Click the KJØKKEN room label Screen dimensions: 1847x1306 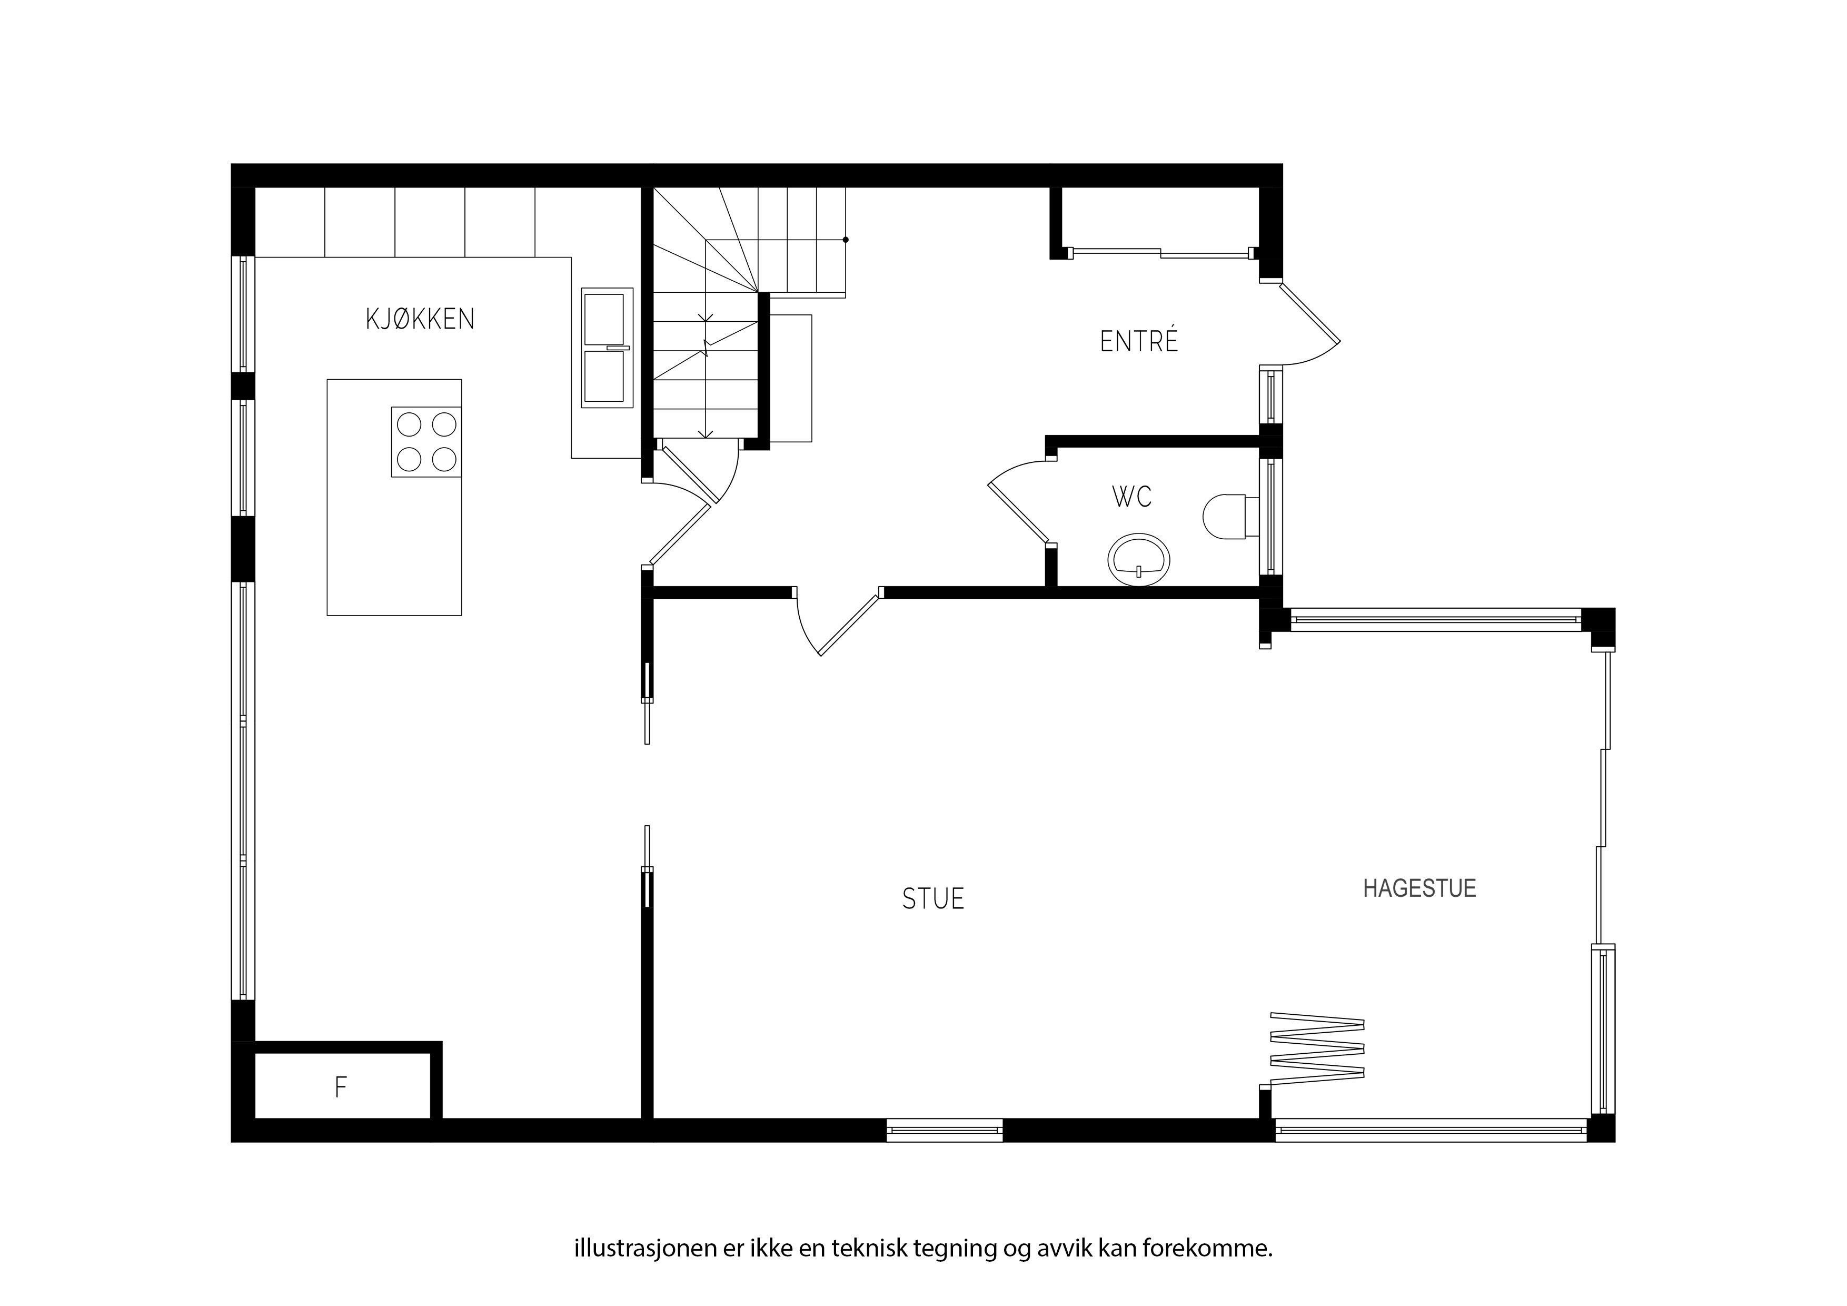420,320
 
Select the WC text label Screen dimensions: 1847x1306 1132,497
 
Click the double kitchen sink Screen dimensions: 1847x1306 608,348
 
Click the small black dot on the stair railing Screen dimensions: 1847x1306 846,240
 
